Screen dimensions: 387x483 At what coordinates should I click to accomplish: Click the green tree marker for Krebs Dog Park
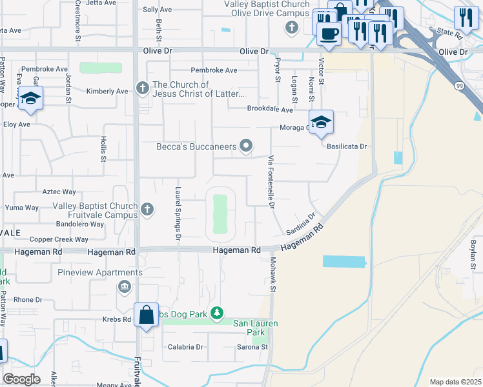[218, 314]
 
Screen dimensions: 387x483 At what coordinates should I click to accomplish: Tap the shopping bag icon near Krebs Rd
[147, 315]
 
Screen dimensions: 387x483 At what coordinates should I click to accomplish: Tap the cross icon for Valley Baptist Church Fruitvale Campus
[147, 208]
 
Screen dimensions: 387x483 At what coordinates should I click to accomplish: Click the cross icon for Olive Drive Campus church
[292, 27]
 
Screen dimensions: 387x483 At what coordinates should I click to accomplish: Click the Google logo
[22, 379]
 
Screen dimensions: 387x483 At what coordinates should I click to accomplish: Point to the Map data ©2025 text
[455, 382]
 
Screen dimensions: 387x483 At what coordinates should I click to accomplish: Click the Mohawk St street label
[272, 273]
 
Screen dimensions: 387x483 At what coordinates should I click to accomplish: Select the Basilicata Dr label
[346, 146]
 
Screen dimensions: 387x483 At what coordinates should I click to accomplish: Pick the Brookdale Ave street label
[270, 109]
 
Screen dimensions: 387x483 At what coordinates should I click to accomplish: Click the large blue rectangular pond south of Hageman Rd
[344, 261]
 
